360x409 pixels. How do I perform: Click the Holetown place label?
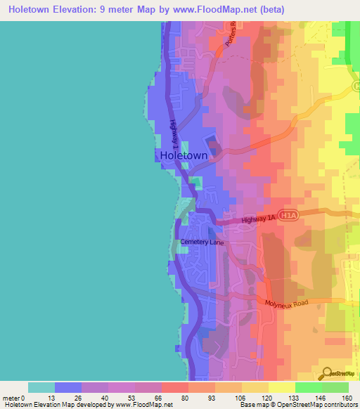tap(184, 155)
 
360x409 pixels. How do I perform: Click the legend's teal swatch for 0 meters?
tap(41, 387)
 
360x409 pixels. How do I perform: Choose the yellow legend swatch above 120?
tap(255, 387)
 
